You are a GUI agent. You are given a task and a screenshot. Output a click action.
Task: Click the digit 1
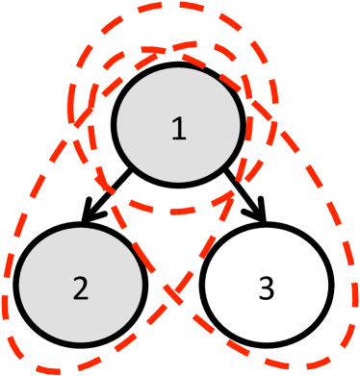[x=178, y=129]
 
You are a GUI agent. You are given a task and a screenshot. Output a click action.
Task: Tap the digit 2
[x=80, y=288]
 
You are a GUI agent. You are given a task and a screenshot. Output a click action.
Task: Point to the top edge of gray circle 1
[x=178, y=67]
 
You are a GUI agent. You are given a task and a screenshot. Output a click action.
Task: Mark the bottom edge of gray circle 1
[x=178, y=183]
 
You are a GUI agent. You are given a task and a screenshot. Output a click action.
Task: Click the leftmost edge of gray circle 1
[x=117, y=125]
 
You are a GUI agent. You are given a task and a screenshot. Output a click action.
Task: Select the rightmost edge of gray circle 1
[x=240, y=125]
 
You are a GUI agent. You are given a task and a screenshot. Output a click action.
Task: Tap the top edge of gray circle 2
[x=80, y=228]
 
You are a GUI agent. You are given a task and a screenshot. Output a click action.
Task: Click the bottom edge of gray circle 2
[x=80, y=344]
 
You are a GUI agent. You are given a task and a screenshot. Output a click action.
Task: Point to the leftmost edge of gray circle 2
[x=19, y=287]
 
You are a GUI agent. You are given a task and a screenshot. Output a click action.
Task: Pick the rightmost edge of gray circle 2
[x=141, y=287]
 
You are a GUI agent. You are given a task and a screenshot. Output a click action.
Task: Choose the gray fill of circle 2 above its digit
[x=80, y=252]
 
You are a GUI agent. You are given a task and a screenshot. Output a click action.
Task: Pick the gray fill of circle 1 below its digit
[x=178, y=162]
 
